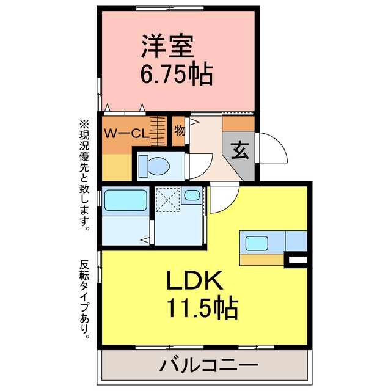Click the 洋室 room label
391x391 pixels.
pyautogui.click(x=167, y=46)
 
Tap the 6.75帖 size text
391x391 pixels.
pyautogui.click(x=177, y=74)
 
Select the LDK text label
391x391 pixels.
pyautogui.click(x=195, y=280)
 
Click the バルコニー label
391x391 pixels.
pyautogui.click(x=209, y=366)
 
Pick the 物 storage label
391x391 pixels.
pyautogui.click(x=179, y=130)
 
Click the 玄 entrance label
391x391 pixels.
pyautogui.click(x=240, y=150)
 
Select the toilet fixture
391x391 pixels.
pyautogui.click(x=154, y=166)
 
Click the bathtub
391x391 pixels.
pyautogui.click(x=126, y=200)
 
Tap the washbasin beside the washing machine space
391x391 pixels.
pyautogui.click(x=192, y=195)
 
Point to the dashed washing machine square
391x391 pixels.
pyautogui.click(x=167, y=200)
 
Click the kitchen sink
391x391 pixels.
pyautogui.click(x=257, y=243)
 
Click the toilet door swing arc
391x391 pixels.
pyautogui.click(x=208, y=170)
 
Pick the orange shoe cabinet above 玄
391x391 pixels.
pyautogui.click(x=238, y=123)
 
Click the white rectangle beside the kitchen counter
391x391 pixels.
pyautogui.click(x=298, y=260)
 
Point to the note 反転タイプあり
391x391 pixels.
pyautogui.click(x=84, y=300)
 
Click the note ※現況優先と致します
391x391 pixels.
pyautogui.click(x=84, y=175)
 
